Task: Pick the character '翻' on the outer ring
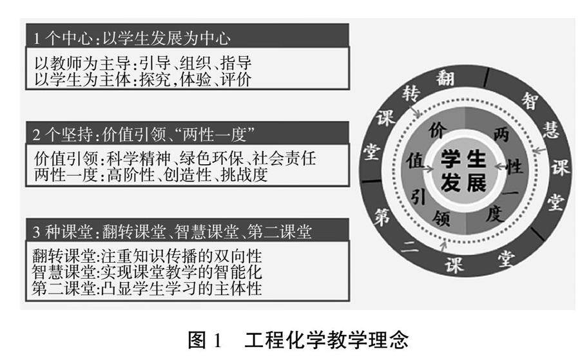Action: point(445,79)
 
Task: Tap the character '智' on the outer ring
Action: point(530,100)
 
